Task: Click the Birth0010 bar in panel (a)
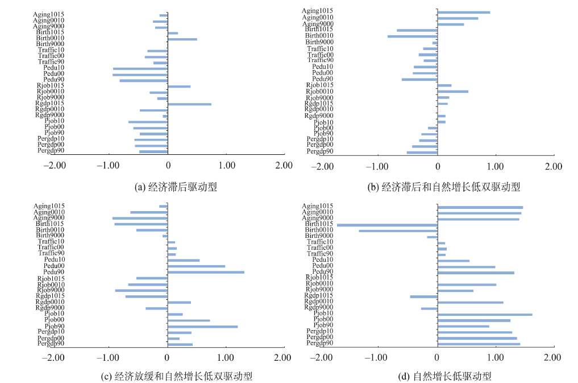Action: click(x=182, y=39)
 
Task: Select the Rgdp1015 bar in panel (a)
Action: click(x=189, y=104)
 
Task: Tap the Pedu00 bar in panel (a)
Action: click(x=140, y=75)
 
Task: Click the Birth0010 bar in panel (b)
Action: click(x=413, y=36)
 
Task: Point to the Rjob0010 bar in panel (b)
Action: click(x=453, y=92)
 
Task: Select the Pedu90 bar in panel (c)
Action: click(x=206, y=272)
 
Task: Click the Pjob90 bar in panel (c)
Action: click(x=202, y=327)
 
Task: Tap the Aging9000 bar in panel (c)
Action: click(x=140, y=218)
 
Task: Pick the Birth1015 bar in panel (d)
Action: click(x=387, y=225)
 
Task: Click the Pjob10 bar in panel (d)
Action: click(x=485, y=314)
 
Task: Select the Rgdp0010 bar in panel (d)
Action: click(x=470, y=302)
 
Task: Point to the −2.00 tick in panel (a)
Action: click(x=55, y=165)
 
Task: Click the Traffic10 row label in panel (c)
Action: click(x=51, y=241)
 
